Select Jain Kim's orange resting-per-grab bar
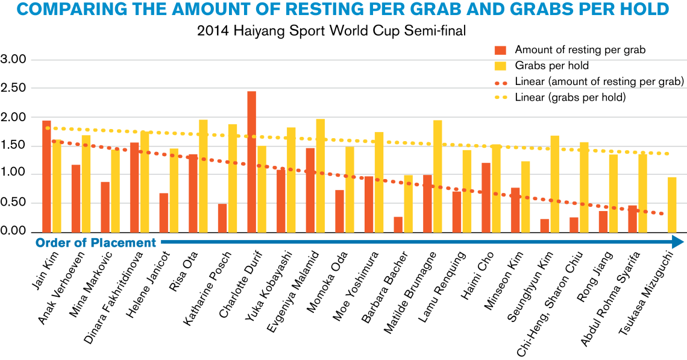(x=46, y=175)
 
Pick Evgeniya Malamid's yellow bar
(x=321, y=175)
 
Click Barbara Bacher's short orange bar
(x=398, y=224)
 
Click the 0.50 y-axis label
(x=14, y=203)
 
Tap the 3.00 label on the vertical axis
(x=14, y=60)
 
